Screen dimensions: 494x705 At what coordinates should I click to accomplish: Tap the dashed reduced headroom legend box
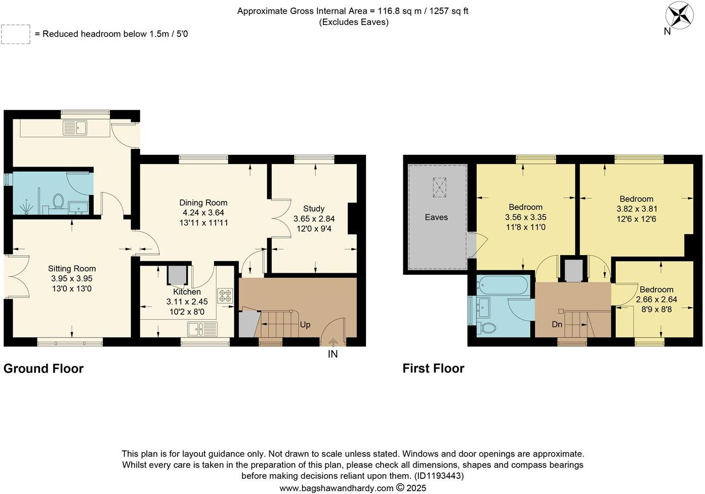[x=16, y=34]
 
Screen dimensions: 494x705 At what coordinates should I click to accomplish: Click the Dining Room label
[x=203, y=202]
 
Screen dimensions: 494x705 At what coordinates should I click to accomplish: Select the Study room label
[x=314, y=209]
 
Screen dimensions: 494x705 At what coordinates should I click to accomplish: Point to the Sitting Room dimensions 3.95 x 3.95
[x=72, y=279]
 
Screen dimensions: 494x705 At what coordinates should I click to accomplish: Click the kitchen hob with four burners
[x=225, y=296]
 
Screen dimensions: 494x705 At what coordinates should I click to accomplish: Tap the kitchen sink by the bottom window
[x=202, y=329]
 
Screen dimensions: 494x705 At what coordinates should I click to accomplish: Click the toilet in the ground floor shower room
[x=58, y=201]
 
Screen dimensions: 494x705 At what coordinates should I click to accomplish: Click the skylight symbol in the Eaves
[x=439, y=187]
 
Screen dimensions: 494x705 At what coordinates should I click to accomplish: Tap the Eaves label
[x=436, y=217]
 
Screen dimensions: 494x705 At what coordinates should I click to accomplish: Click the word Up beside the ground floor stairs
[x=305, y=324]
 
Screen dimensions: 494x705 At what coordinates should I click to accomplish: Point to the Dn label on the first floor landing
[x=557, y=324]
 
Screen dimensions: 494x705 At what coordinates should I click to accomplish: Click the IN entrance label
[x=333, y=354]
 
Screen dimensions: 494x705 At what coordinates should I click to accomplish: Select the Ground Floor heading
[x=44, y=368]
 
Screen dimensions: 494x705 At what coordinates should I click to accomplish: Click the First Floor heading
[x=433, y=368]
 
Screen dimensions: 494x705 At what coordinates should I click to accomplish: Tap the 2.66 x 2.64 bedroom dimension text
[x=656, y=299]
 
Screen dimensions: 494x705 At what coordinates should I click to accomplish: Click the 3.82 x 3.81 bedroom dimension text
[x=637, y=209]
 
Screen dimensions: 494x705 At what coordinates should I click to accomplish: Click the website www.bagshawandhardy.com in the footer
[x=336, y=488]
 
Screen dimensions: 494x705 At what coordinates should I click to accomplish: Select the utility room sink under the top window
[x=75, y=128]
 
